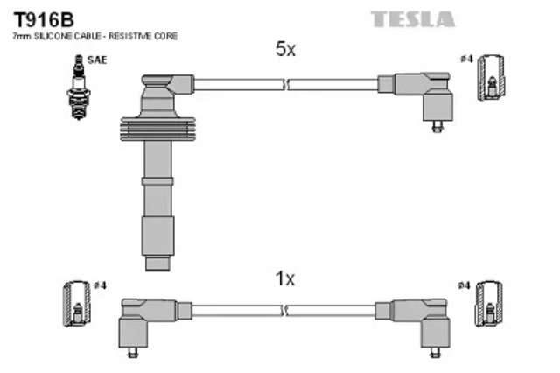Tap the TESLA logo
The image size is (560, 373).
412,18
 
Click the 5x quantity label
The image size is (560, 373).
285,50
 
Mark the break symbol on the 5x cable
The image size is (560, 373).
285,84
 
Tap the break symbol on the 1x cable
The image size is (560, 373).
285,310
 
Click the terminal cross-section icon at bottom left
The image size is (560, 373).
77,306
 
